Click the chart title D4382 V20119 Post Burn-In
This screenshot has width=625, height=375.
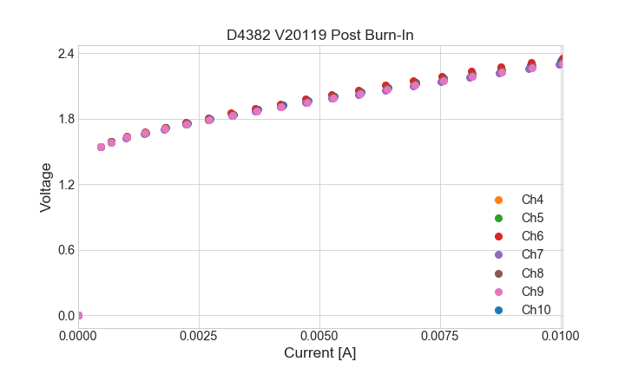(x=319, y=35)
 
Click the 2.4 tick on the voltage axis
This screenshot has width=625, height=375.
(x=65, y=54)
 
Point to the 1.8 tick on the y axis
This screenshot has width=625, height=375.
(x=65, y=119)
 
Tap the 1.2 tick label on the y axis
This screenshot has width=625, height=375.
(x=65, y=185)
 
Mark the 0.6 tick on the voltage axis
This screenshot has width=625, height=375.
(x=65, y=250)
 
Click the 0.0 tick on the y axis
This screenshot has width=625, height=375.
(x=65, y=316)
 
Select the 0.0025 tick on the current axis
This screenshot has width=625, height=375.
(x=199, y=335)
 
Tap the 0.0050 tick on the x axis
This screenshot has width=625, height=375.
(x=319, y=335)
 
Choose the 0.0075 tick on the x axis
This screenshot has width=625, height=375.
(x=441, y=335)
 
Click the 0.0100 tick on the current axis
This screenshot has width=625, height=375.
(x=562, y=335)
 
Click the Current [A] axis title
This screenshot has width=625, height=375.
(x=319, y=353)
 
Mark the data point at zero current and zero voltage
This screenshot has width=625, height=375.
(x=78, y=315)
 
